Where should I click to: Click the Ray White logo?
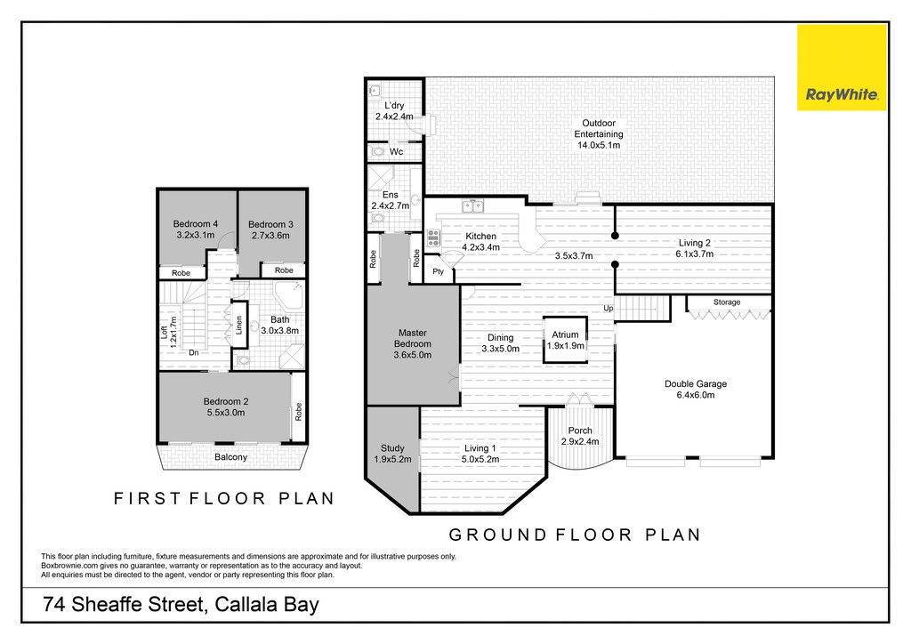842,68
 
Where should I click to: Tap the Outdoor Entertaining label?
599,134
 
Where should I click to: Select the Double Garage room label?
696,389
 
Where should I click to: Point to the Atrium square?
565,340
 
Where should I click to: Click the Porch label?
580,436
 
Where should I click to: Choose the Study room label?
392,454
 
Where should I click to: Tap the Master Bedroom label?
413,343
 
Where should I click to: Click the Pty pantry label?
438,272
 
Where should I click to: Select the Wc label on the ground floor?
396,152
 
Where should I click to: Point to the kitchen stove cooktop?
433,238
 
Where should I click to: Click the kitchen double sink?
472,205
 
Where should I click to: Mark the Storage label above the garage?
727,302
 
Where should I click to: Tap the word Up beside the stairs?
608,309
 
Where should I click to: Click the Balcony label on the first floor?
230,457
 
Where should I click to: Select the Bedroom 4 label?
196,229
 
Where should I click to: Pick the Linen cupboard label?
238,326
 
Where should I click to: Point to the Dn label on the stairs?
193,352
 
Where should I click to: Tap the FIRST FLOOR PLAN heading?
224,498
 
